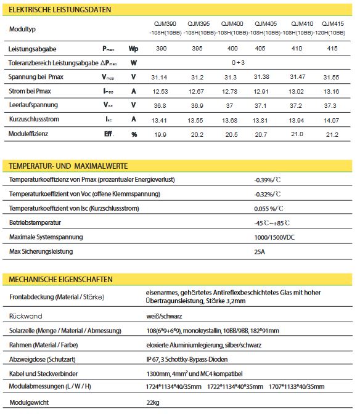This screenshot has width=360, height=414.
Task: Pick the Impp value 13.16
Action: (331, 91)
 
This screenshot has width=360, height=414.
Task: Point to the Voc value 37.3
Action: (331, 105)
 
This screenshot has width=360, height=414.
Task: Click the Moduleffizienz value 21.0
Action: (297, 134)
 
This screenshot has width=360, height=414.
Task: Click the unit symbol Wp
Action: (133, 48)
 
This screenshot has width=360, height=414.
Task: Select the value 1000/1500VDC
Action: (275, 237)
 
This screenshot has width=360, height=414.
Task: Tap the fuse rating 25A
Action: (260, 251)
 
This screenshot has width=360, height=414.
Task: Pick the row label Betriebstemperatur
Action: (35, 222)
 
